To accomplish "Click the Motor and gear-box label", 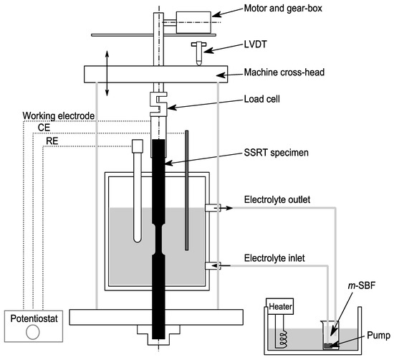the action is pyautogui.click(x=283, y=9).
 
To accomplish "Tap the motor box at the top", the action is pyautogui.click(x=193, y=22).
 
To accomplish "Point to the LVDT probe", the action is pyautogui.click(x=198, y=53).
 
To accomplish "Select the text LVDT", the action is pyautogui.click(x=255, y=44).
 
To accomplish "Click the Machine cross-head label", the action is pyautogui.click(x=284, y=72).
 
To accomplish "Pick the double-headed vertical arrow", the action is pyautogui.click(x=107, y=73).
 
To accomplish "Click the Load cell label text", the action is pyautogui.click(x=261, y=99).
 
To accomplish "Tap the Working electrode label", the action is pyautogui.click(x=59, y=116).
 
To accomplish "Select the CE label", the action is pyautogui.click(x=44, y=128).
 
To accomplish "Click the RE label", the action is pyautogui.click(x=52, y=141).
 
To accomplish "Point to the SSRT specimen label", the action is pyautogui.click(x=276, y=153).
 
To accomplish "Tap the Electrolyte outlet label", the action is pyautogui.click(x=277, y=200).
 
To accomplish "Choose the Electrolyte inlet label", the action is pyautogui.click(x=274, y=258).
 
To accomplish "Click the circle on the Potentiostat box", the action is pyautogui.click(x=33, y=332).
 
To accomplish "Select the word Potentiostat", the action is pyautogui.click(x=34, y=318).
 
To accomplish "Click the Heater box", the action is pyautogui.click(x=280, y=306).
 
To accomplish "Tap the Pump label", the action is pyautogui.click(x=378, y=336).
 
